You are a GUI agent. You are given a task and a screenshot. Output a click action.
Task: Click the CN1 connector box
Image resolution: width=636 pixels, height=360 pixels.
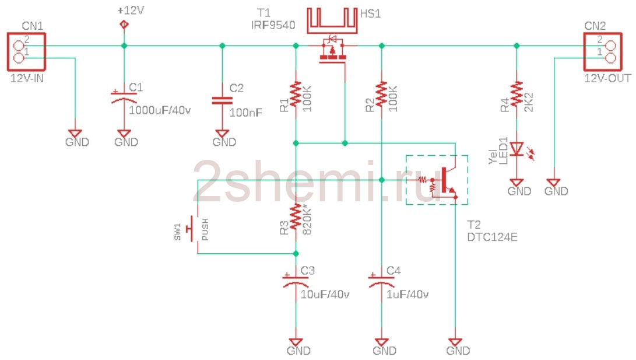point(8,52)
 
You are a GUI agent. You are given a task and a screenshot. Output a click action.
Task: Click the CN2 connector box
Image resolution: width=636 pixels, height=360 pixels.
point(585,52)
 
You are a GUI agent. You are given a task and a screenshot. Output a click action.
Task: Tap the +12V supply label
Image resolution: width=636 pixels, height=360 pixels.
point(131,11)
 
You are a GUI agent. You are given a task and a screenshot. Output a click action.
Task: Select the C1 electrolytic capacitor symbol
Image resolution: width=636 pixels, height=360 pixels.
point(124,96)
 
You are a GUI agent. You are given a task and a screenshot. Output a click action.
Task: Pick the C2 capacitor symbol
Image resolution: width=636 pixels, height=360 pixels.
point(222,100)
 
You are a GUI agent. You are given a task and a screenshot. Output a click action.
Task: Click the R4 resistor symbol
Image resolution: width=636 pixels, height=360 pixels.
point(516,94)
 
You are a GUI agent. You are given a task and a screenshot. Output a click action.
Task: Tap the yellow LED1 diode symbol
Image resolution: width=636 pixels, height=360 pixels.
point(516,149)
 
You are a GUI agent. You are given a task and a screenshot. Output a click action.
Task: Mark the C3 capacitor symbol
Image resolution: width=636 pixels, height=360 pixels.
point(296,280)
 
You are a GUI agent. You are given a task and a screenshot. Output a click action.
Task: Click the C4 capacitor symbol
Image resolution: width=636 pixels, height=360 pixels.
point(381,280)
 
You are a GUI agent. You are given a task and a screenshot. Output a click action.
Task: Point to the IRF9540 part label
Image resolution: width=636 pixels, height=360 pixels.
point(273,25)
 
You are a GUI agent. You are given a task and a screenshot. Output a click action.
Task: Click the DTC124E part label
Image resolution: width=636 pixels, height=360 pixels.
point(492,237)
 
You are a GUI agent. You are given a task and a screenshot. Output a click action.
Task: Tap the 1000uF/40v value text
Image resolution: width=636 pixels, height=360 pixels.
point(160,110)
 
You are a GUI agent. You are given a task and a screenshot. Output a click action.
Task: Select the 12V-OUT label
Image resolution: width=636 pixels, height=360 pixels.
point(607,78)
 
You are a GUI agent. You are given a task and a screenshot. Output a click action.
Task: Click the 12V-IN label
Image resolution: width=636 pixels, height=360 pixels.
point(27,78)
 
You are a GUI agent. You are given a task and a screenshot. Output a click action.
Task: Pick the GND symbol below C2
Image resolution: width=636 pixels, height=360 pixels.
point(222,134)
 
